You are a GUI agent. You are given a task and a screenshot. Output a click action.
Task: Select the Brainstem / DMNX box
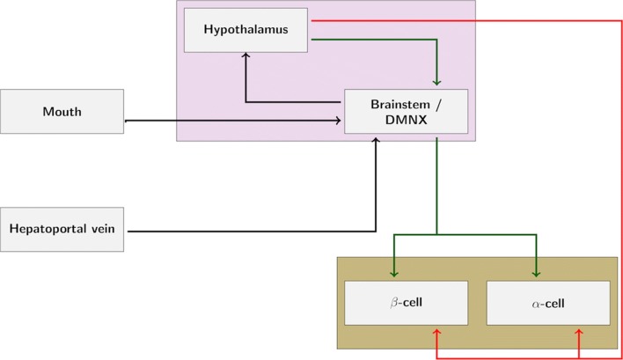(406, 112)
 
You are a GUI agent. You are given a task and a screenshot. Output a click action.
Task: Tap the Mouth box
(62, 112)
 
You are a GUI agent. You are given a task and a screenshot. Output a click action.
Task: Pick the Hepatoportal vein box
(62, 230)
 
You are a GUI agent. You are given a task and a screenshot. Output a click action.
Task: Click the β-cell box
(406, 304)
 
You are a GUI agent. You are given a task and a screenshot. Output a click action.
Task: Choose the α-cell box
(547, 304)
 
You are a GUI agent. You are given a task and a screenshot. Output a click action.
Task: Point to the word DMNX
(406, 120)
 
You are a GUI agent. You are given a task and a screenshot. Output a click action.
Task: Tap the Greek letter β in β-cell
(394, 304)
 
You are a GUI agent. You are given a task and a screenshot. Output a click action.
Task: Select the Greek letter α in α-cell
(535, 305)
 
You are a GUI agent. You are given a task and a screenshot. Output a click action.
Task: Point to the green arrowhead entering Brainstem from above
(437, 84)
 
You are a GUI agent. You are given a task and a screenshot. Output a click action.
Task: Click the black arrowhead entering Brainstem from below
(377, 139)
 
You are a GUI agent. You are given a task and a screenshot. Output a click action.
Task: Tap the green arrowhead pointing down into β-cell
(393, 276)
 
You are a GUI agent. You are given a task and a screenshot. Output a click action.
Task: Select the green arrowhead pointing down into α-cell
(536, 276)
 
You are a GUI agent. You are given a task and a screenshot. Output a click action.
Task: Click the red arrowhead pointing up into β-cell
(437, 331)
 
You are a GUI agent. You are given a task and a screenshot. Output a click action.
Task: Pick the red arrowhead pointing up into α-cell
(579, 331)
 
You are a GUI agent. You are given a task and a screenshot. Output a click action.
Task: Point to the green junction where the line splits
(437, 235)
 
